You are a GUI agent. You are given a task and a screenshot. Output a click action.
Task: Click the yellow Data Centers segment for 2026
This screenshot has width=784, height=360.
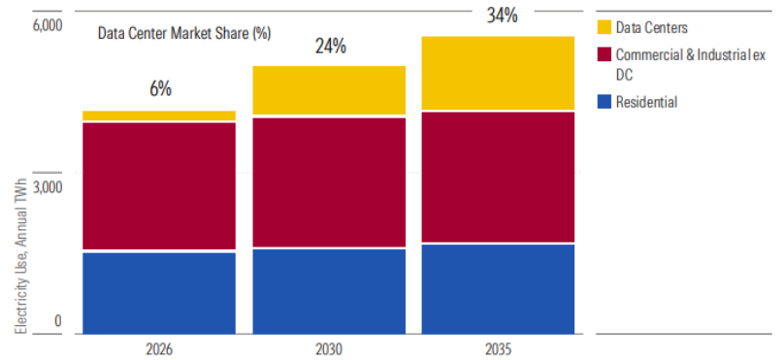(x=159, y=115)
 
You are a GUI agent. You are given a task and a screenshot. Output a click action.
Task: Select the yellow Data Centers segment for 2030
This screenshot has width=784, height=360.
(x=329, y=90)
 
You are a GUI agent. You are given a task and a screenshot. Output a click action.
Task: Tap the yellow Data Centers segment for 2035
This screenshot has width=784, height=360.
(x=498, y=73)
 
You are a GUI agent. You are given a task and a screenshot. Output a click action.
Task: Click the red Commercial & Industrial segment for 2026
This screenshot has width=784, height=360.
(x=159, y=186)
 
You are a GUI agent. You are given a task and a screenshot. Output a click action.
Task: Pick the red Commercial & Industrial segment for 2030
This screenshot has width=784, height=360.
(x=329, y=182)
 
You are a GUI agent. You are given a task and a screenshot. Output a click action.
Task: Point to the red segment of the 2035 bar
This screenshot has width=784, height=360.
(x=498, y=178)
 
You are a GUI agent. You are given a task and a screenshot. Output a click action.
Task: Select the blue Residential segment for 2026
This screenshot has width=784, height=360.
(x=159, y=293)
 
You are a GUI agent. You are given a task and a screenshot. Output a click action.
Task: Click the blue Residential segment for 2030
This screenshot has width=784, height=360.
(x=329, y=291)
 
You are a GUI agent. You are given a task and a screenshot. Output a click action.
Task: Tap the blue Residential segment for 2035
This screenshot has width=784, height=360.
(x=498, y=289)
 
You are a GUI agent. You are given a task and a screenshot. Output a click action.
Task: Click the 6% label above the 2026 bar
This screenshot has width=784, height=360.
(x=160, y=89)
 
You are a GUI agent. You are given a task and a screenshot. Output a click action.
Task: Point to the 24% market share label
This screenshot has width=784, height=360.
(x=330, y=47)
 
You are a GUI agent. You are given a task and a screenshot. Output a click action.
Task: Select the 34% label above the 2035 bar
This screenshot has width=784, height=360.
(x=502, y=16)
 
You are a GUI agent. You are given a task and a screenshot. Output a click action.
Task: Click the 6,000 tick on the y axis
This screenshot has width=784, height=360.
(x=48, y=25)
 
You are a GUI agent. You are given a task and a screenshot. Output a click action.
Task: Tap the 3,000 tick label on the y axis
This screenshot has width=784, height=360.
(x=48, y=187)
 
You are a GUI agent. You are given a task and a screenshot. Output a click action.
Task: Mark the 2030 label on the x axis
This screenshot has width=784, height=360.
(x=329, y=349)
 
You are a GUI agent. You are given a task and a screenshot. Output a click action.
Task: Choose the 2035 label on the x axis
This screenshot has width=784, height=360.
(x=499, y=349)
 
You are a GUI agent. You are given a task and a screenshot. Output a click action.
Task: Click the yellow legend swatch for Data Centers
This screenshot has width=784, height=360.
(x=604, y=27)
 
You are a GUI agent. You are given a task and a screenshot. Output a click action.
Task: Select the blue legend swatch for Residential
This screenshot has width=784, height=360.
(x=604, y=102)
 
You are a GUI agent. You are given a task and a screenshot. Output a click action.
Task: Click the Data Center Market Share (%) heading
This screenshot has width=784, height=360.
(x=184, y=34)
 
